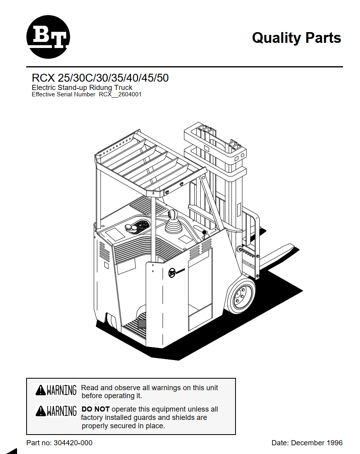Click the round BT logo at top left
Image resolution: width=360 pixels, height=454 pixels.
pyautogui.click(x=48, y=37)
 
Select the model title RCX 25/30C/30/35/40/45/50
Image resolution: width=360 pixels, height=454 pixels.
pyautogui.click(x=100, y=78)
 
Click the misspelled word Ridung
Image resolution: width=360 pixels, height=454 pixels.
pyautogui.click(x=100, y=88)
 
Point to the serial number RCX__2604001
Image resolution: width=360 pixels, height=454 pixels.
pyautogui.click(x=120, y=94)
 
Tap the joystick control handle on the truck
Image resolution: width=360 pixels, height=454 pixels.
pyautogui.click(x=173, y=222)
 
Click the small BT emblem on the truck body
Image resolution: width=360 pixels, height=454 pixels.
pyautogui.click(x=172, y=273)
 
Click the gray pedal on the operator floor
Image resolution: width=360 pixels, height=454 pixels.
pyautogui.click(x=142, y=324)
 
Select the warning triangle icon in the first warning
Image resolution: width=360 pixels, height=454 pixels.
pyautogui.click(x=40, y=390)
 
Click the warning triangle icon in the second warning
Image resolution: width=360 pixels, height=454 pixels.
pyautogui.click(x=40, y=411)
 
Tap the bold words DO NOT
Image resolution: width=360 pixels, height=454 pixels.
pyautogui.click(x=96, y=409)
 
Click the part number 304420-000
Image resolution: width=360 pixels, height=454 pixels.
pyautogui.click(x=73, y=443)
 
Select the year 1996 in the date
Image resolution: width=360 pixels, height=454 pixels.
pyautogui.click(x=335, y=443)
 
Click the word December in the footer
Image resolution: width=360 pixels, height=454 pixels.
pyautogui.click(x=308, y=443)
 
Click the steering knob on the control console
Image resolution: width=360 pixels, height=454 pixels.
pyautogui.click(x=132, y=228)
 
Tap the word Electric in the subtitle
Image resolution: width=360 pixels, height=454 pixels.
pyautogui.click(x=44, y=88)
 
